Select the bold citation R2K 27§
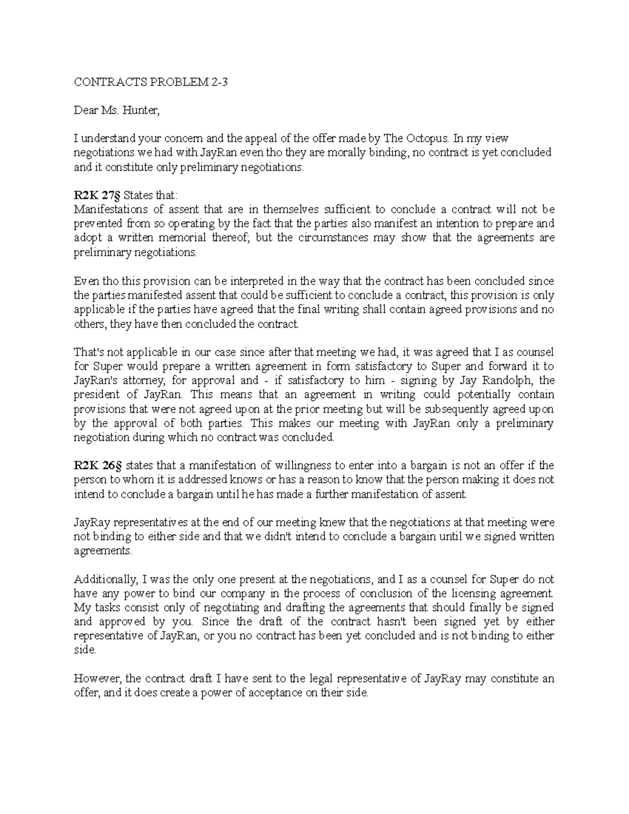(x=97, y=196)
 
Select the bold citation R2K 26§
(x=97, y=465)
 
